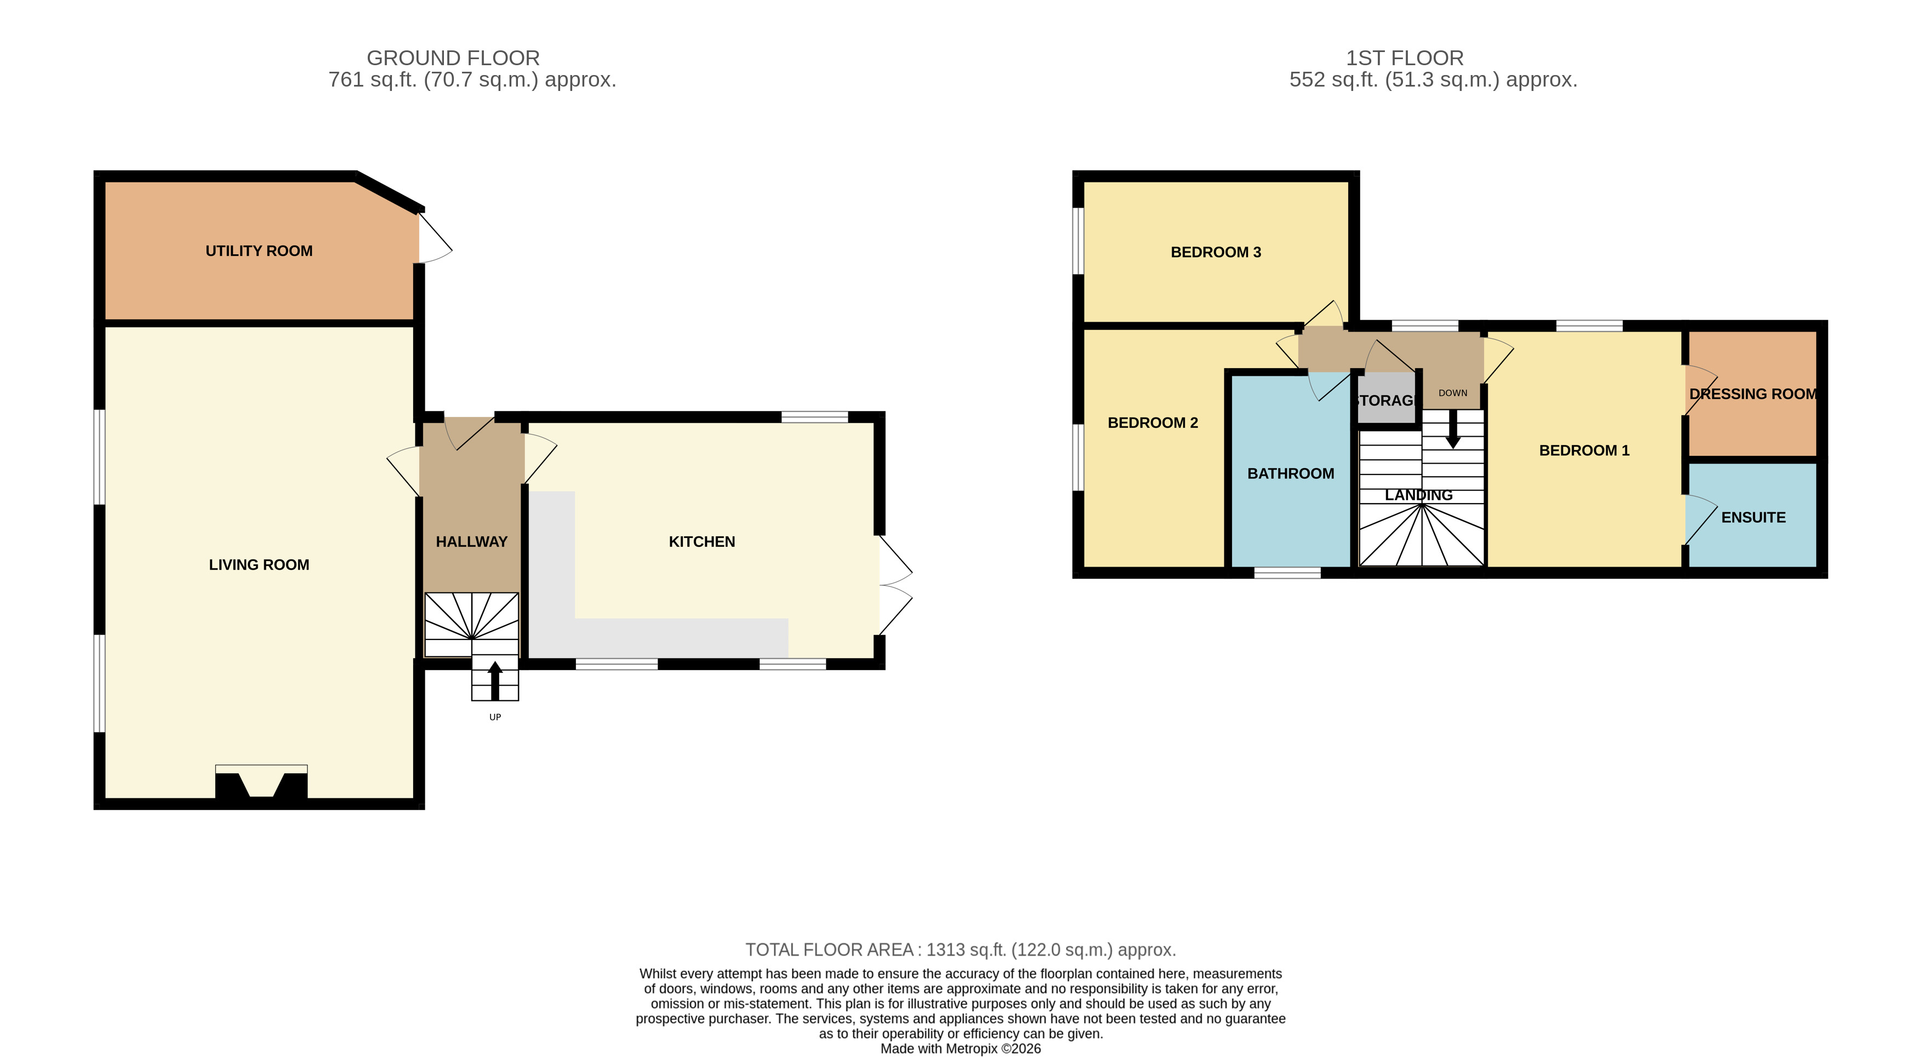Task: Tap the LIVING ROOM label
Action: [259, 565]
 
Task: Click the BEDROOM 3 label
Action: [1216, 253]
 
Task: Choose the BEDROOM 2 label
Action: [1153, 423]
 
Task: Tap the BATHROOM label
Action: [1291, 473]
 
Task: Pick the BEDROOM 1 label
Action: [1584, 450]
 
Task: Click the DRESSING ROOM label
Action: [1753, 394]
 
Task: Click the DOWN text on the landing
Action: [1453, 393]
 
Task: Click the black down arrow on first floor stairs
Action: [1453, 429]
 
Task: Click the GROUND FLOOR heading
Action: [453, 58]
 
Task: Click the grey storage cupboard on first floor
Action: [1387, 398]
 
